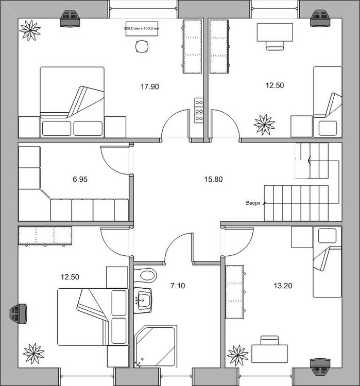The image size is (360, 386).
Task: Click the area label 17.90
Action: click(x=149, y=86)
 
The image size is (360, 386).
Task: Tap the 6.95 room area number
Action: click(x=80, y=180)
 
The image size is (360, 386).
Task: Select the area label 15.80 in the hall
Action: click(x=213, y=180)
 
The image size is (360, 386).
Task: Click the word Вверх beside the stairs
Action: click(x=254, y=203)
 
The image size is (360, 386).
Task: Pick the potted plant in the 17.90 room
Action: click(x=30, y=30)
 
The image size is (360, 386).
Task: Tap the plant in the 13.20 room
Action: click(x=238, y=355)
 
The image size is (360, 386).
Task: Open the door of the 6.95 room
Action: click(x=114, y=160)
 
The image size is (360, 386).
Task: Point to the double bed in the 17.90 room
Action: click(x=72, y=101)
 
